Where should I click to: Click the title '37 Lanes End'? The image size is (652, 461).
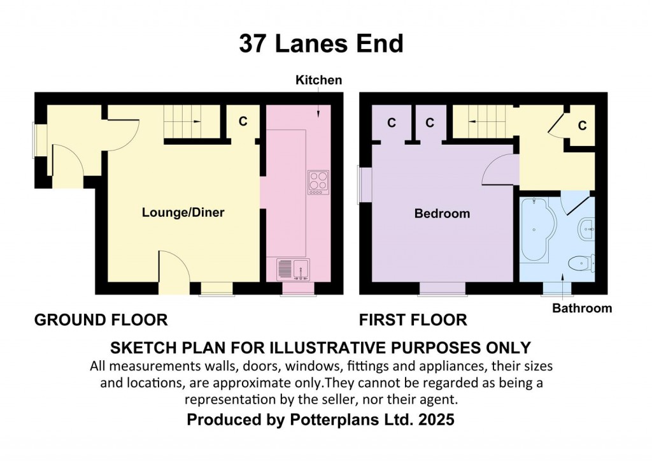[x=321, y=44]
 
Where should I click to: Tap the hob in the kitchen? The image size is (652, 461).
[x=318, y=182]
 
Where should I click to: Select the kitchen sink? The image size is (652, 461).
[x=294, y=268]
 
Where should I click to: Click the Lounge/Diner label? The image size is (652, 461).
[x=183, y=213]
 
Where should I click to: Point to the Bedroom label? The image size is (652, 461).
[x=442, y=214]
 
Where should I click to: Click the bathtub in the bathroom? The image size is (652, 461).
[x=536, y=230]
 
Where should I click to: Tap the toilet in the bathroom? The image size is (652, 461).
[x=582, y=263]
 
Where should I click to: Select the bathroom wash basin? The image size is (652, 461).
[x=586, y=228]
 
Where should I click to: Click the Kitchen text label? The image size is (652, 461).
[x=318, y=80]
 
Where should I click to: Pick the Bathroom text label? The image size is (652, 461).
[x=582, y=309]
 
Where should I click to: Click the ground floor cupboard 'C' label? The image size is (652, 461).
[x=243, y=122]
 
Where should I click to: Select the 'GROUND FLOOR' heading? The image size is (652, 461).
[x=101, y=319]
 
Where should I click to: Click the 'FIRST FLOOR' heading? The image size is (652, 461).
[x=413, y=319]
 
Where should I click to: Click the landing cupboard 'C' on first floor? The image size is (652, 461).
[x=582, y=126]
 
